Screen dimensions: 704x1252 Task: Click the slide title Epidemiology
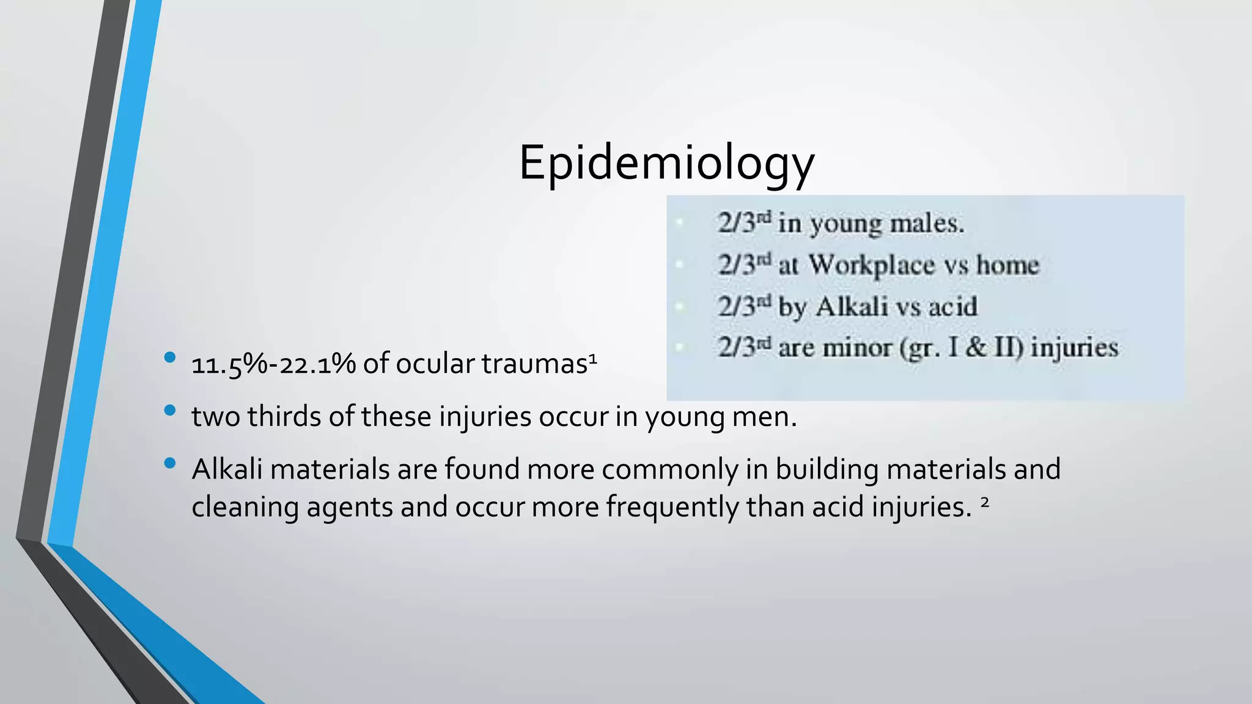[666, 163]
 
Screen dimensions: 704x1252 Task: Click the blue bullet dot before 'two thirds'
[170, 410]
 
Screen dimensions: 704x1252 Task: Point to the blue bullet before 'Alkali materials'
[170, 463]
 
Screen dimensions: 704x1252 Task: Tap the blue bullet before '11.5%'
[170, 358]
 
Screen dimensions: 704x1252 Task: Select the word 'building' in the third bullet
[827, 470]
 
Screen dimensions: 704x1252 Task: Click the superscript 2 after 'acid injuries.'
[984, 502]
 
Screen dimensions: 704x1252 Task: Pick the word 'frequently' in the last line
[672, 508]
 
